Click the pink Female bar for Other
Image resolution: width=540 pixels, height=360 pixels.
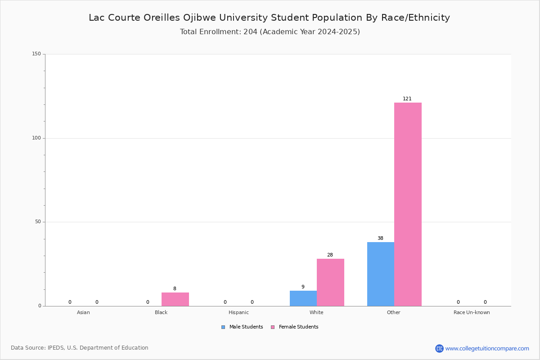pyautogui.click(x=408, y=204)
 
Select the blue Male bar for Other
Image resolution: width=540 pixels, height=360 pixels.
pyautogui.click(x=381, y=274)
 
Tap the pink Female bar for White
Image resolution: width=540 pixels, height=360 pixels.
pyautogui.click(x=330, y=282)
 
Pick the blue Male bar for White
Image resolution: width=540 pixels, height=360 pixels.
pyautogui.click(x=303, y=298)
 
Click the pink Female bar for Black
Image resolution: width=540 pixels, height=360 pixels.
pyautogui.click(x=175, y=299)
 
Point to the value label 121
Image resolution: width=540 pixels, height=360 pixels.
pyautogui.click(x=407, y=99)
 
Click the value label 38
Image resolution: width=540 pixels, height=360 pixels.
pyautogui.click(x=380, y=238)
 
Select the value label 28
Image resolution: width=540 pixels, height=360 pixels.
pyautogui.click(x=330, y=255)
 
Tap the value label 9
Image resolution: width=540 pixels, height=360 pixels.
pyautogui.click(x=303, y=287)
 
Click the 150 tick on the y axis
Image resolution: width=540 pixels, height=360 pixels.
pyautogui.click(x=36, y=54)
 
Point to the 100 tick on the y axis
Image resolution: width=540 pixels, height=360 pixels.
pyautogui.click(x=36, y=138)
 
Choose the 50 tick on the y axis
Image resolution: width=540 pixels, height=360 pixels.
pyautogui.click(x=38, y=222)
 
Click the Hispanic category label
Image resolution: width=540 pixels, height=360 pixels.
pyautogui.click(x=238, y=312)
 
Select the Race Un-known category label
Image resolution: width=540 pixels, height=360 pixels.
pyautogui.click(x=472, y=312)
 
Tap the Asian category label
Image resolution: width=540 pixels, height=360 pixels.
pyautogui.click(x=83, y=312)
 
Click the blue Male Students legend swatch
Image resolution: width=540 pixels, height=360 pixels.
pyautogui.click(x=223, y=327)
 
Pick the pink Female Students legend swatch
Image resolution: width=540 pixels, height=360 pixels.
pyautogui.click(x=273, y=327)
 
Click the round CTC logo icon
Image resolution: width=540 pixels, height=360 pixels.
pyautogui.click(x=439, y=348)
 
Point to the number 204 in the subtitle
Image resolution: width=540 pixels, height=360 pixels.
pyautogui.click(x=251, y=31)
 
